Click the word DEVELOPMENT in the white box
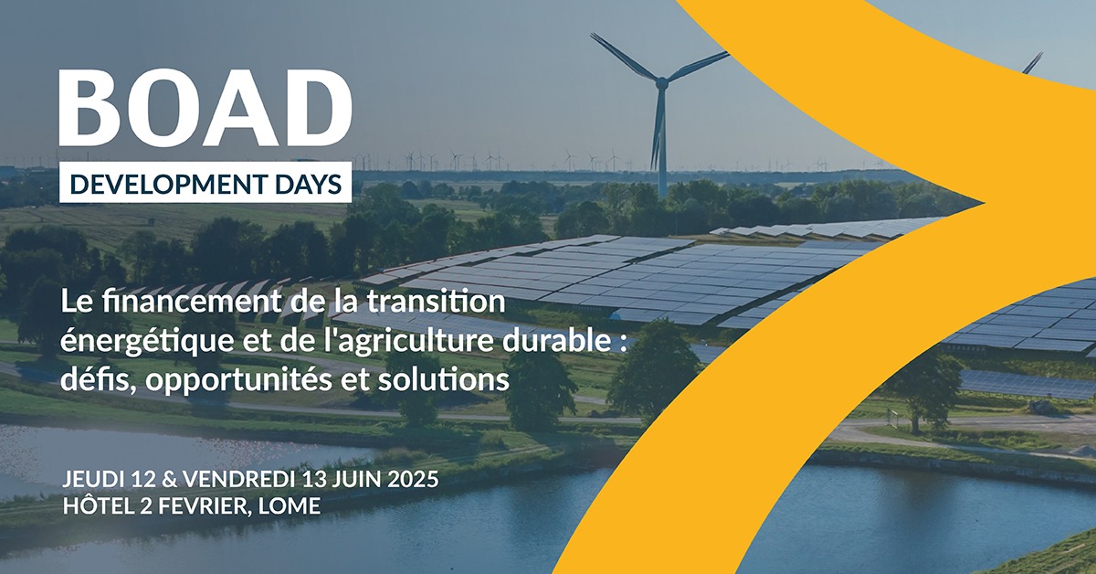click(x=169, y=184)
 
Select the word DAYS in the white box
click(x=309, y=184)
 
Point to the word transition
click(x=437, y=302)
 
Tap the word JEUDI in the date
click(x=92, y=480)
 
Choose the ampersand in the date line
click(x=169, y=480)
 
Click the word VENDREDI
click(x=238, y=480)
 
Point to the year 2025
click(x=413, y=480)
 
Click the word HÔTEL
click(x=99, y=505)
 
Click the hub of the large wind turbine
click(x=661, y=84)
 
